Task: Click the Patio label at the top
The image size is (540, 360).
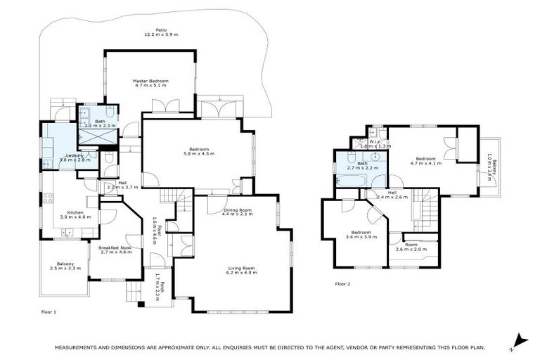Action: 151,29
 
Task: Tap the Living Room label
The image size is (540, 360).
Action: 240,267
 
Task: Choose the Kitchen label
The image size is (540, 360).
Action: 75,212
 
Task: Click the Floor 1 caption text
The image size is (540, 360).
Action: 49,310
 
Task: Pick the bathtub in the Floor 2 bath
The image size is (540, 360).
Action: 349,181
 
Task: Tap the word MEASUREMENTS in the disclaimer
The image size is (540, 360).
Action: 82,347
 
